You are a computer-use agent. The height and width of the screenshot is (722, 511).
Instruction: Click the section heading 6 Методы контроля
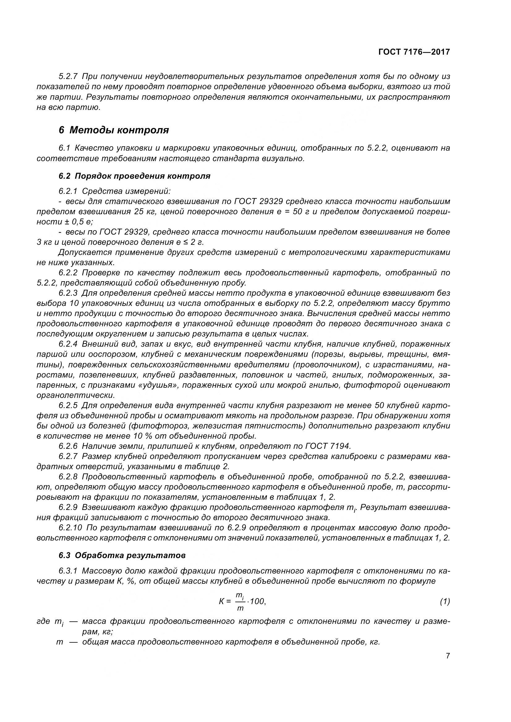pos(114,130)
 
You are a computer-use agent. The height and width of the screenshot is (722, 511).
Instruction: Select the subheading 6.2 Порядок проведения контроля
pos(134,176)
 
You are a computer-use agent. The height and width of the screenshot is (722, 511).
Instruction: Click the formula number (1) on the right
pos(445,602)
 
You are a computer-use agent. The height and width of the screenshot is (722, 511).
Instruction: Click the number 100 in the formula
pos(258,601)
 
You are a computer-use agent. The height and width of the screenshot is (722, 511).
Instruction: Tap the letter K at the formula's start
pos(222,602)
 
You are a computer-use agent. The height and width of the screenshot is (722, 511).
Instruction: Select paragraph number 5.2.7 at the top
pos(68,76)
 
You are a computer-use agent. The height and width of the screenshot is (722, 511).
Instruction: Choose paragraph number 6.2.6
pos(68,446)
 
